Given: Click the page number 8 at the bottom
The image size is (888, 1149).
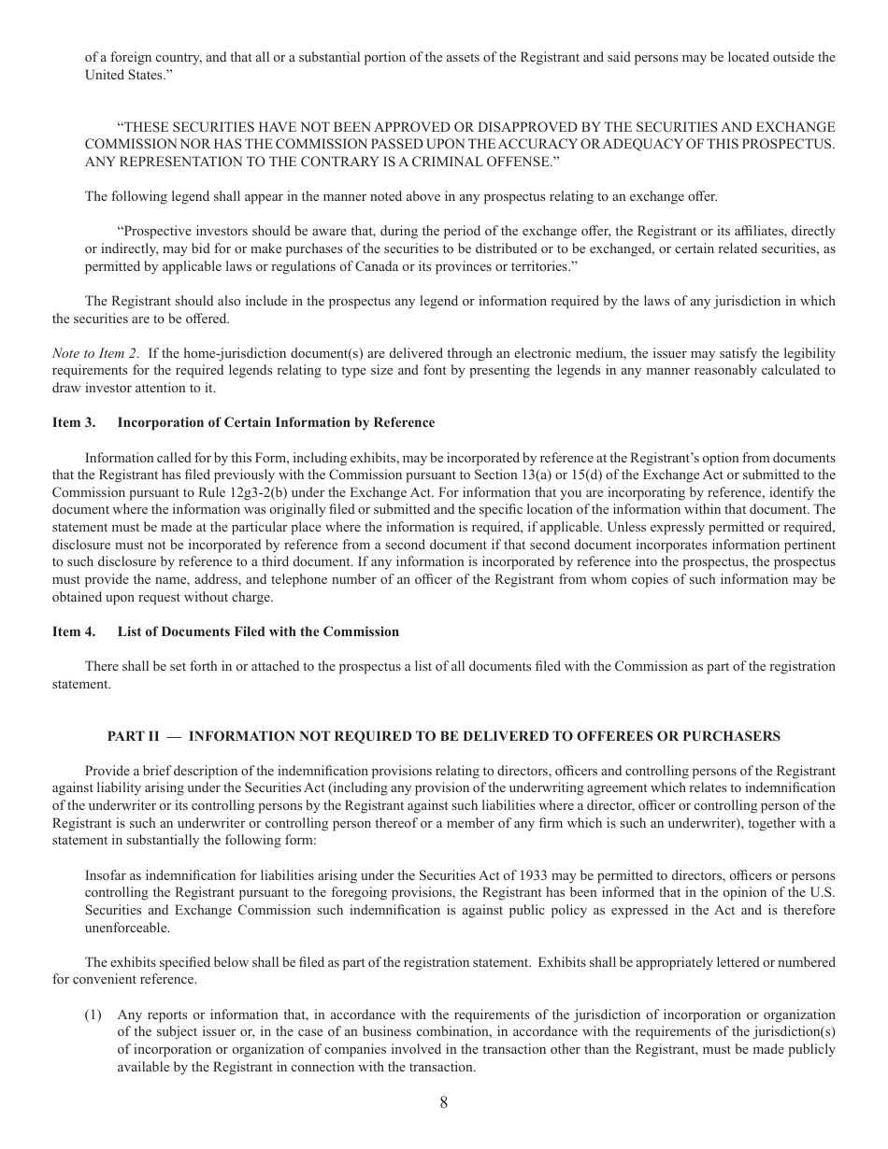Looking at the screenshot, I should point(443,1102).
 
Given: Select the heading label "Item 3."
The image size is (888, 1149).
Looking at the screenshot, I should point(74,422).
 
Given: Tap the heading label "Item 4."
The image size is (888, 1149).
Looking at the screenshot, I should point(74,631).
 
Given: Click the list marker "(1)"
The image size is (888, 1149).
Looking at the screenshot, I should point(93,1014).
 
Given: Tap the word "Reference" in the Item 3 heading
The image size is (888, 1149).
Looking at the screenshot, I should point(403,422).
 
